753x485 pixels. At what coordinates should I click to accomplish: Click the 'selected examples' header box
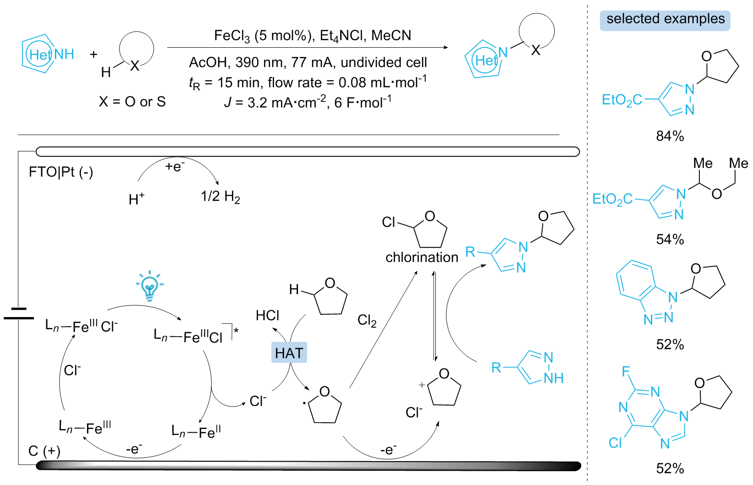665,20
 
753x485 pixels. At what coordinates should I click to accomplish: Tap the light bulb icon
149,286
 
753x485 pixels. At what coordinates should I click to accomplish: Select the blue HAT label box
289,353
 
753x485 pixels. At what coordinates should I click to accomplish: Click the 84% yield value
670,136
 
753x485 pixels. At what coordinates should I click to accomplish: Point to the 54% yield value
670,239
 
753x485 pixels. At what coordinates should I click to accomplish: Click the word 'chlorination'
422,257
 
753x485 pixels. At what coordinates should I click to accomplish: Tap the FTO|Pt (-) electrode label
60,172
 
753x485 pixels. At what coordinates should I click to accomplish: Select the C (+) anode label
44,451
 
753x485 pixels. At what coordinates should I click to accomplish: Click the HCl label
267,315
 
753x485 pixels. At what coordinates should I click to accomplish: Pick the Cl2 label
367,320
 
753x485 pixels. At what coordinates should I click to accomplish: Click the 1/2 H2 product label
220,196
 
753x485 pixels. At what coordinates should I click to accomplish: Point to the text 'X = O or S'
132,101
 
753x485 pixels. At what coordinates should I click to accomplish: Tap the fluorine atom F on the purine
626,371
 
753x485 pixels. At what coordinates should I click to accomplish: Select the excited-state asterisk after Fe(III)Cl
236,330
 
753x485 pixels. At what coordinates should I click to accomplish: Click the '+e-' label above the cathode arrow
175,166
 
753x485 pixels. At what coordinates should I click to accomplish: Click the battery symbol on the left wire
18,313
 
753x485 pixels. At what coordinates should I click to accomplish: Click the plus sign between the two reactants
93,55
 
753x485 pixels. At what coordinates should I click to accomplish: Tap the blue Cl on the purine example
615,443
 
